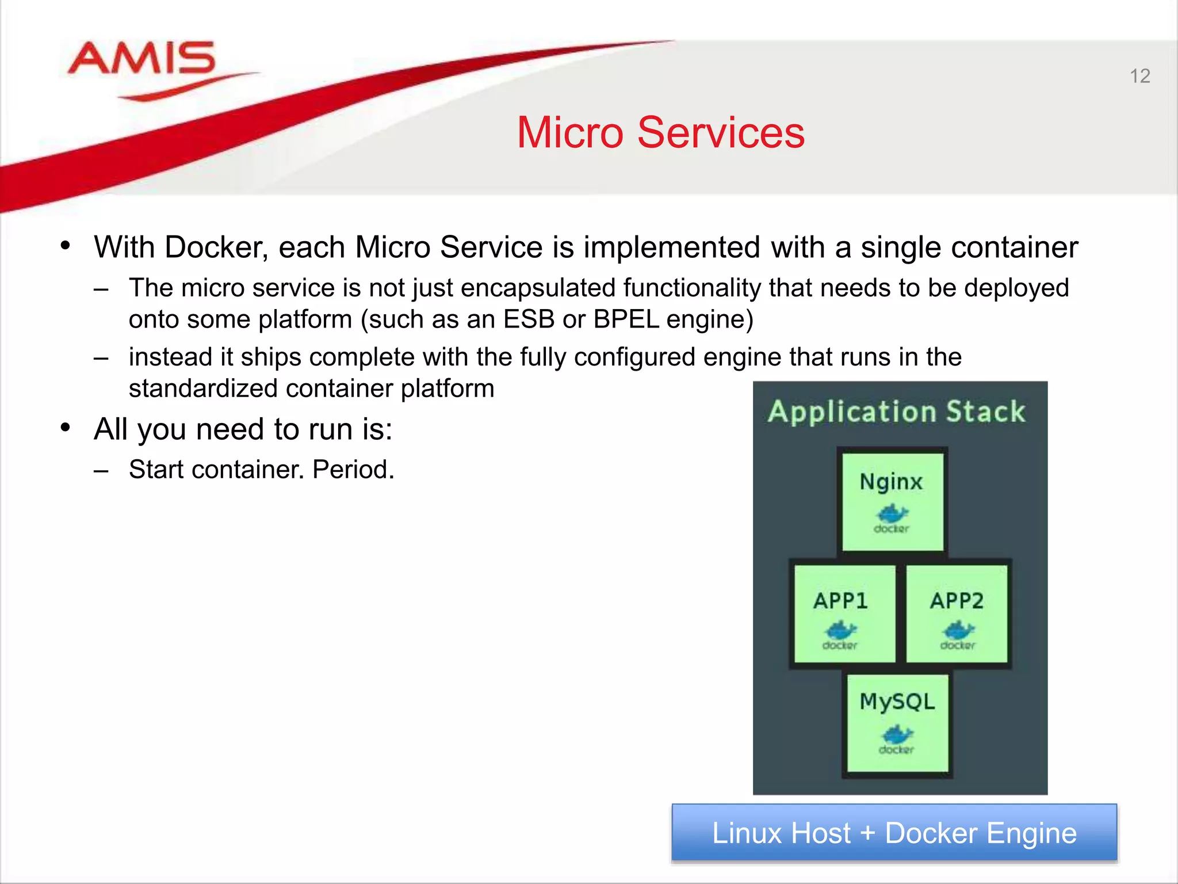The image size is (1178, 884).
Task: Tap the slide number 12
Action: [x=1139, y=76]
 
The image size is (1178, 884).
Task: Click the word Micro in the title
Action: [x=569, y=132]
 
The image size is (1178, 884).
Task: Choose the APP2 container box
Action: [x=957, y=614]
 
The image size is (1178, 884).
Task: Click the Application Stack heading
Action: [x=897, y=411]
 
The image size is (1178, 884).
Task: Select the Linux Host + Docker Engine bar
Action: [x=894, y=833]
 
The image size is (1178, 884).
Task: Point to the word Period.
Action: [x=353, y=470]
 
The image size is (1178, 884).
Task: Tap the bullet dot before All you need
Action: [x=66, y=428]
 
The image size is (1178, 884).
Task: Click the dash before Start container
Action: [x=101, y=471]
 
